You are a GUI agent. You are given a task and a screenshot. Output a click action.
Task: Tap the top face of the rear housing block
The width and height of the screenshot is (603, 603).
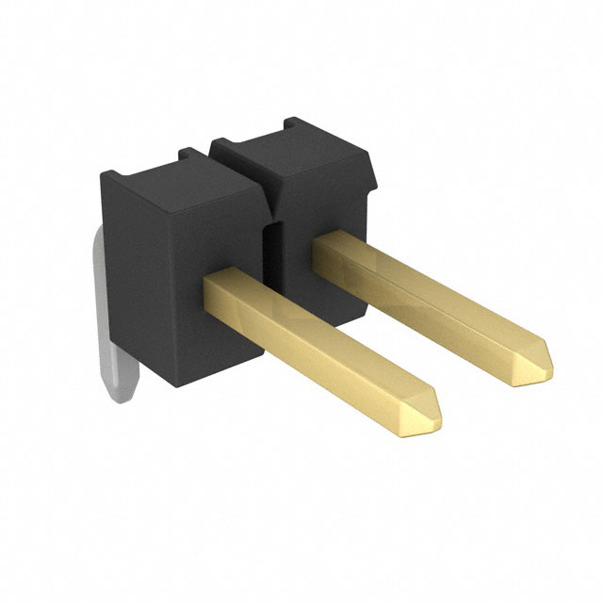[292, 151]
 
